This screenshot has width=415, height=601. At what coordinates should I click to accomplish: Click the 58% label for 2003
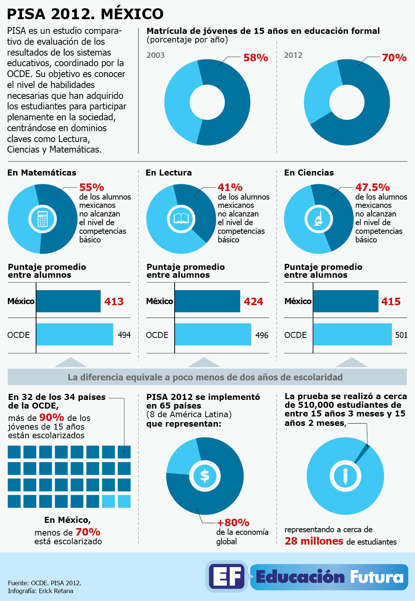tap(255, 58)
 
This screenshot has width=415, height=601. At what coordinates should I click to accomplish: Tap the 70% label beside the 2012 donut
tap(394, 58)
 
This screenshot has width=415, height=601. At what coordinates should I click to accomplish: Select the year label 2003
tap(155, 55)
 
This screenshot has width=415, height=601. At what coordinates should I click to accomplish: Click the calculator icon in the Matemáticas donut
tap(42, 219)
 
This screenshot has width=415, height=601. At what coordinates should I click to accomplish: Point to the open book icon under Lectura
tap(181, 218)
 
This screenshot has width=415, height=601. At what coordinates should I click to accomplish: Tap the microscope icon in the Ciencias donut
tap(319, 219)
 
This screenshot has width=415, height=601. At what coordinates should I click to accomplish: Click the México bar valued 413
tap(68, 301)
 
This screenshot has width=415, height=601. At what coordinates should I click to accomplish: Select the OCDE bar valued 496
tap(213, 334)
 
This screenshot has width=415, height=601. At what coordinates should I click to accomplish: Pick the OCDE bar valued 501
tap(352, 334)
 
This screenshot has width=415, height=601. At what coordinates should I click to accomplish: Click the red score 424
tap(254, 301)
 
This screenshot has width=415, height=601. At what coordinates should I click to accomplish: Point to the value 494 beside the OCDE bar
tap(124, 335)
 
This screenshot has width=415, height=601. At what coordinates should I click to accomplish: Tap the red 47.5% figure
tap(372, 187)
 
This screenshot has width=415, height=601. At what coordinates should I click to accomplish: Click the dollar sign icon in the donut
tap(205, 476)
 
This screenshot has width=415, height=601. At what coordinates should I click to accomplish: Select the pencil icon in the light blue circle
tap(345, 476)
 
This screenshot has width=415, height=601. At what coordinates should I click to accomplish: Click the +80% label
tap(233, 522)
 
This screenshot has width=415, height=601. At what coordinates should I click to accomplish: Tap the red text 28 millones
tap(314, 541)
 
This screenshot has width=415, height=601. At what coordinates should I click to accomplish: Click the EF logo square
tap(226, 576)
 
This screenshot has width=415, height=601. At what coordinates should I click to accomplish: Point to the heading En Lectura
tap(169, 173)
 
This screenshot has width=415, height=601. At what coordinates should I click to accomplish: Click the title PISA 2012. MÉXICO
tap(85, 14)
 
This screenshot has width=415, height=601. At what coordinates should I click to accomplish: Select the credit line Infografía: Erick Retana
tap(41, 591)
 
